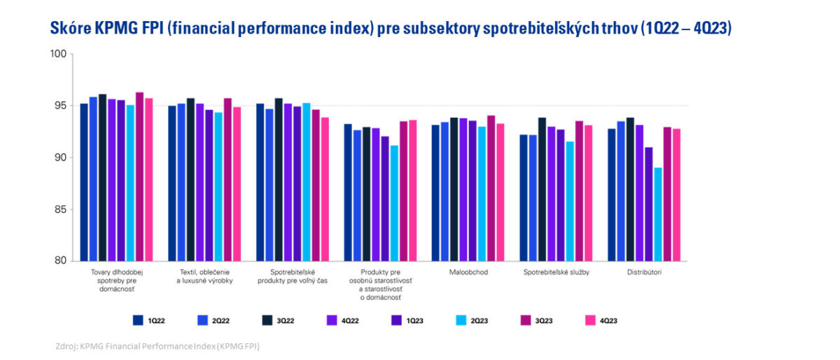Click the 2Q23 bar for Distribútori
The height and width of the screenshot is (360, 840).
[x=658, y=214]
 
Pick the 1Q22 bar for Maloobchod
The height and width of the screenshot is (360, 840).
[x=435, y=193]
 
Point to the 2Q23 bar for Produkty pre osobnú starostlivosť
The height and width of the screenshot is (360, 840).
[x=394, y=203]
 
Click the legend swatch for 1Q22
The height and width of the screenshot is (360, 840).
[x=139, y=320]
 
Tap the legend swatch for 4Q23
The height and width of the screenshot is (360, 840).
[x=589, y=320]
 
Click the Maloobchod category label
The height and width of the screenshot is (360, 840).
[x=469, y=272]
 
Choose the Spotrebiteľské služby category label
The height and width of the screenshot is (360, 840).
[x=556, y=272]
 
